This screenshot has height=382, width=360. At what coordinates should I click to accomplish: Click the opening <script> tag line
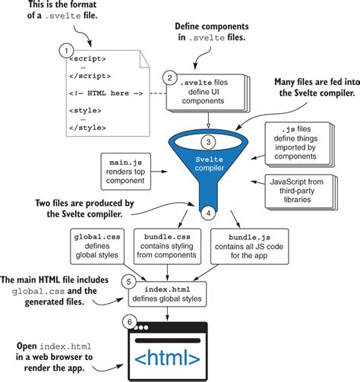(x=86, y=58)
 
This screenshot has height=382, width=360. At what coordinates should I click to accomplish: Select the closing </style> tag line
(x=86, y=126)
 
